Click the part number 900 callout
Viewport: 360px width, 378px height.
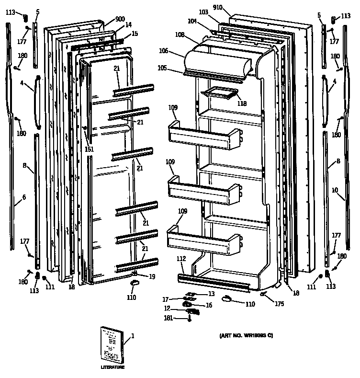point(113,20)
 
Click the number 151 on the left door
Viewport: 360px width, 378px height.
point(89,149)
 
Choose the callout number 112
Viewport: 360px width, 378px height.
point(181,259)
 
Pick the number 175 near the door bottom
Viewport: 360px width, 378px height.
point(279,303)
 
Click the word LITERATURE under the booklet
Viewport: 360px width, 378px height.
point(112,367)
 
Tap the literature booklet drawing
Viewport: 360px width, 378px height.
point(112,345)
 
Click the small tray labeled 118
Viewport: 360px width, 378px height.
point(220,93)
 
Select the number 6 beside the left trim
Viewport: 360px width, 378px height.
point(23,197)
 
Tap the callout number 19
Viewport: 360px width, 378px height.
point(152,276)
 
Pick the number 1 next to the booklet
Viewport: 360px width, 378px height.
point(133,336)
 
